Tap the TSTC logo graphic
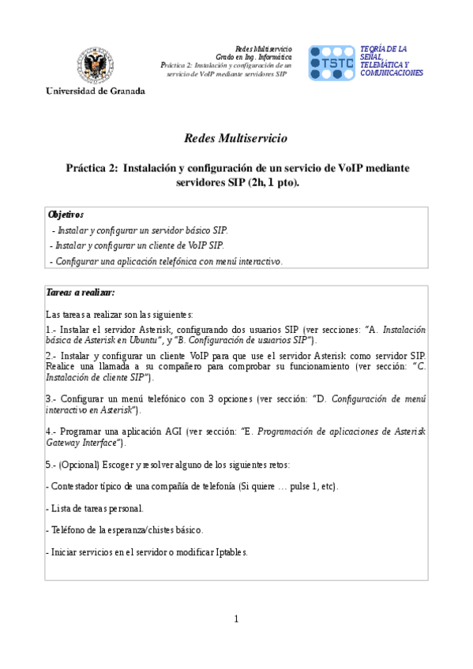coord(331,63)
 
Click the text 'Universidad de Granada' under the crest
coord(96,91)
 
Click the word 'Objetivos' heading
coord(66,214)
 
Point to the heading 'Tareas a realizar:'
coord(81,293)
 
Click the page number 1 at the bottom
coord(236,619)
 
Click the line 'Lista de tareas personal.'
coord(95,508)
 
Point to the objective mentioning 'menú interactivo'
coord(166,261)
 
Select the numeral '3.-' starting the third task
coord(51,398)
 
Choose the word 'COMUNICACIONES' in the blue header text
coord(391,73)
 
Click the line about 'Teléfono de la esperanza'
coord(125,529)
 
